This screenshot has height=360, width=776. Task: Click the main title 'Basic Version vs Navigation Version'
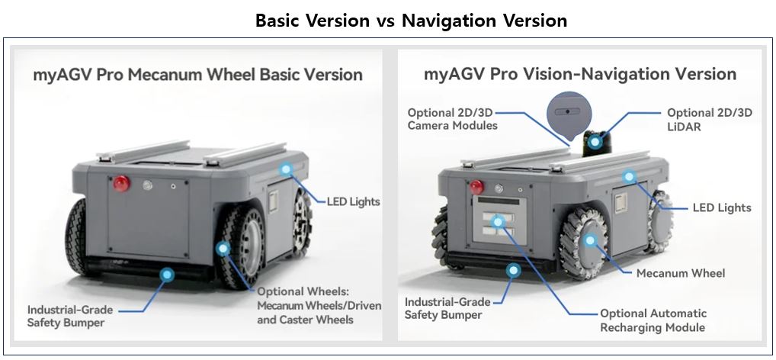(x=411, y=21)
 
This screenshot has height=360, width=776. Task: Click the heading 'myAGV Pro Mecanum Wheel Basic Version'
(x=197, y=75)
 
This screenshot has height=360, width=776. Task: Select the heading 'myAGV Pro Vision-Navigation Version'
(x=580, y=74)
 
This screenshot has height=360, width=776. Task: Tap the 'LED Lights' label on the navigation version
(x=721, y=207)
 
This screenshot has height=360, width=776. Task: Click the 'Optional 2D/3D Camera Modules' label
(x=452, y=119)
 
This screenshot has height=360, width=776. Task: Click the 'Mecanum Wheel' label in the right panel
(x=680, y=273)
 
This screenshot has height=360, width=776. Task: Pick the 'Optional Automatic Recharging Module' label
(x=653, y=320)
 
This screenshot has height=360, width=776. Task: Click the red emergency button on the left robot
(x=120, y=183)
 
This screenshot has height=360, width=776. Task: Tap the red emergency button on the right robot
(x=477, y=185)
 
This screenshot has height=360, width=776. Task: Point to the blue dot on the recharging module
(x=499, y=222)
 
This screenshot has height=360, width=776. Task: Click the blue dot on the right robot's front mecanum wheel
(x=589, y=241)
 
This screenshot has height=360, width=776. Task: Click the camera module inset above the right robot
(x=568, y=111)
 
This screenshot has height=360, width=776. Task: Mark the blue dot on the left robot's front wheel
(x=223, y=249)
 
